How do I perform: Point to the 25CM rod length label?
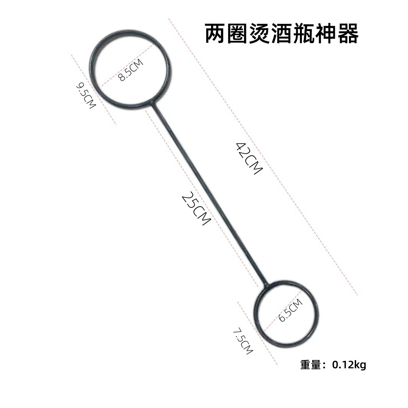[197, 208]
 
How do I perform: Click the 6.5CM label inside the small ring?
[290, 310]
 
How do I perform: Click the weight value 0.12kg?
[349, 365]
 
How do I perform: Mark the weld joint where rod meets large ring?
[152, 103]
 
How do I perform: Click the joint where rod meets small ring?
[266, 285]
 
